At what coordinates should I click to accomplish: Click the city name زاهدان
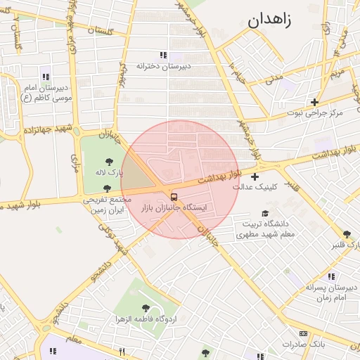274,19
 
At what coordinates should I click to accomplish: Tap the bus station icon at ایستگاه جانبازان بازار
174,197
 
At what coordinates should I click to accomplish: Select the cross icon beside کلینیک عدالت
255,176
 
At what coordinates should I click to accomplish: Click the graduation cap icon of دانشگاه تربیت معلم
264,213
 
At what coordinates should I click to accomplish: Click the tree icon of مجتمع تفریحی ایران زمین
106,188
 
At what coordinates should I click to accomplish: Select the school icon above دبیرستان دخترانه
163,55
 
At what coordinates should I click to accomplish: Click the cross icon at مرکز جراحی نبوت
314,102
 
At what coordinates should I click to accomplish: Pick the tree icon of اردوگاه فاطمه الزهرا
146,308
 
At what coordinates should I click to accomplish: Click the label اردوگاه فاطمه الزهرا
146,320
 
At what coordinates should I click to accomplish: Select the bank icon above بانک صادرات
303,333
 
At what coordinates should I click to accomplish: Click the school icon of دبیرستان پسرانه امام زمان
331,276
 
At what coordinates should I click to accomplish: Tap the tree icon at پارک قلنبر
347,234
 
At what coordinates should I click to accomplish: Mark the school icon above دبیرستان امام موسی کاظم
46,77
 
